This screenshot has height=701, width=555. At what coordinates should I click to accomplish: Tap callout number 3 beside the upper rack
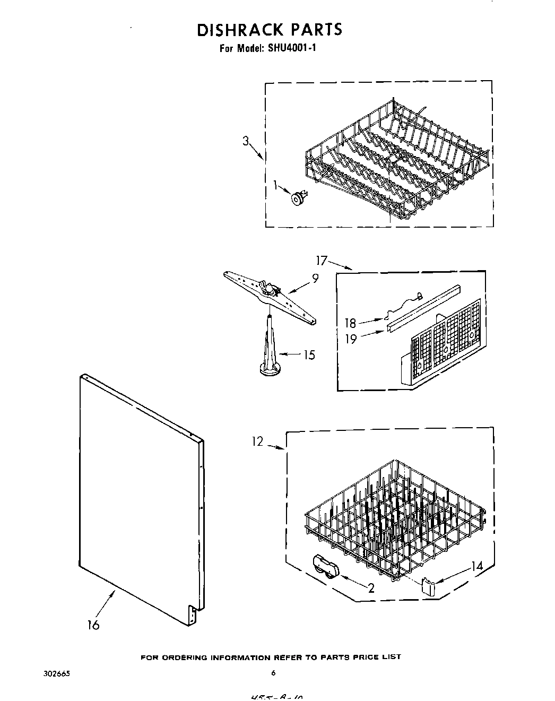(246, 141)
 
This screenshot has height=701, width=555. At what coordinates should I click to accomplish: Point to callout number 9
(315, 278)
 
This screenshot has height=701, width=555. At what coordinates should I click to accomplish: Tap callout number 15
(308, 354)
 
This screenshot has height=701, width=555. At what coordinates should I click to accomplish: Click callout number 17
(321, 261)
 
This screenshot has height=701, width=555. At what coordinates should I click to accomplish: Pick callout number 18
(351, 323)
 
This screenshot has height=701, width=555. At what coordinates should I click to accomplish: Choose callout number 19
(351, 338)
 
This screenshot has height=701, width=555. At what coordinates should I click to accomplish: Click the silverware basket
(440, 345)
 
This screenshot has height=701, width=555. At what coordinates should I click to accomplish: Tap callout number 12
(257, 442)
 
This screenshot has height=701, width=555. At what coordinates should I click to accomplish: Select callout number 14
(477, 566)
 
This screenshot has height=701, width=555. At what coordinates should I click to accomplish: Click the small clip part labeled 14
(428, 587)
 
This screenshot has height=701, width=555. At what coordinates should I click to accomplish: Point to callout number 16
(93, 625)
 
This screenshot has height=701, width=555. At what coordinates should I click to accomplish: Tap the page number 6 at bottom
(274, 673)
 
